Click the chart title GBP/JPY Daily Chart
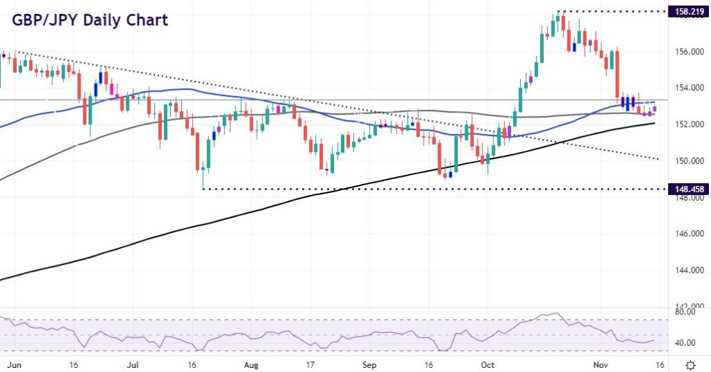tap(90, 19)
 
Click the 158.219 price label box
tap(687, 12)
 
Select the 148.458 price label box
tap(687, 188)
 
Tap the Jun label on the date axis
tap(12, 364)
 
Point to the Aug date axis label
tap(252, 364)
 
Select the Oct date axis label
tap(488, 364)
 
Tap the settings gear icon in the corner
tap(692, 364)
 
